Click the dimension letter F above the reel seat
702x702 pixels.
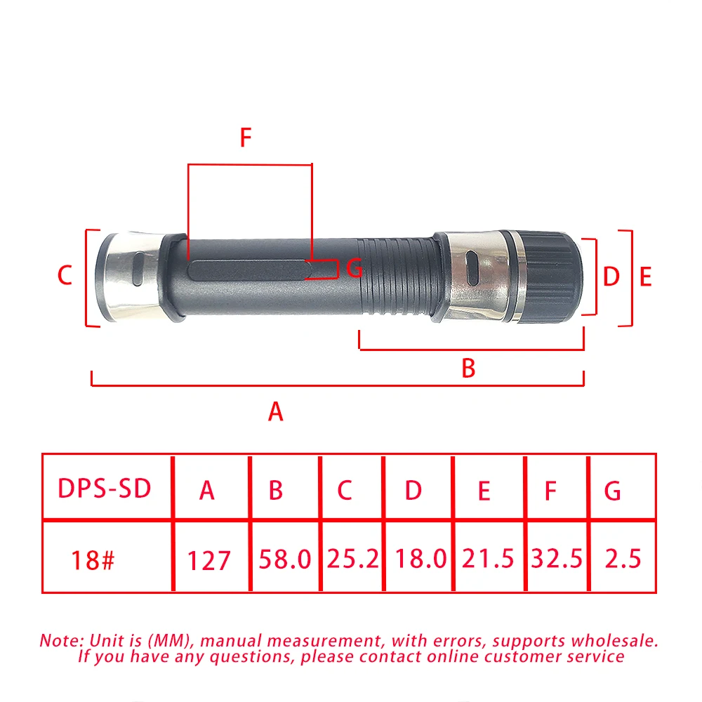(245, 138)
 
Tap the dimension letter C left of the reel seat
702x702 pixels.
(65, 275)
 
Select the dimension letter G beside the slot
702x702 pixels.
(355, 267)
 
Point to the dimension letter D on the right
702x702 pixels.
(611, 277)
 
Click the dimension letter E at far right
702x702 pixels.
(646, 277)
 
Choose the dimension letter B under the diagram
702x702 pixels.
(468, 368)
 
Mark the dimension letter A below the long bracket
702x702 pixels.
(276, 411)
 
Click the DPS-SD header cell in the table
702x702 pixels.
(105, 489)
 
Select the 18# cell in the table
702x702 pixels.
(92, 560)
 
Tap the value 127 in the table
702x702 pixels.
(208, 561)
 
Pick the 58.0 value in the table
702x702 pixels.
(284, 559)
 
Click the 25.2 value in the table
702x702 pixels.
(352, 559)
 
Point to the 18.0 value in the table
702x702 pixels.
(420, 559)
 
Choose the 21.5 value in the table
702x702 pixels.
(487, 559)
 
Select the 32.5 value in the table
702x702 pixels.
(557, 559)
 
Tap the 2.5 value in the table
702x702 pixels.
(623, 559)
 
